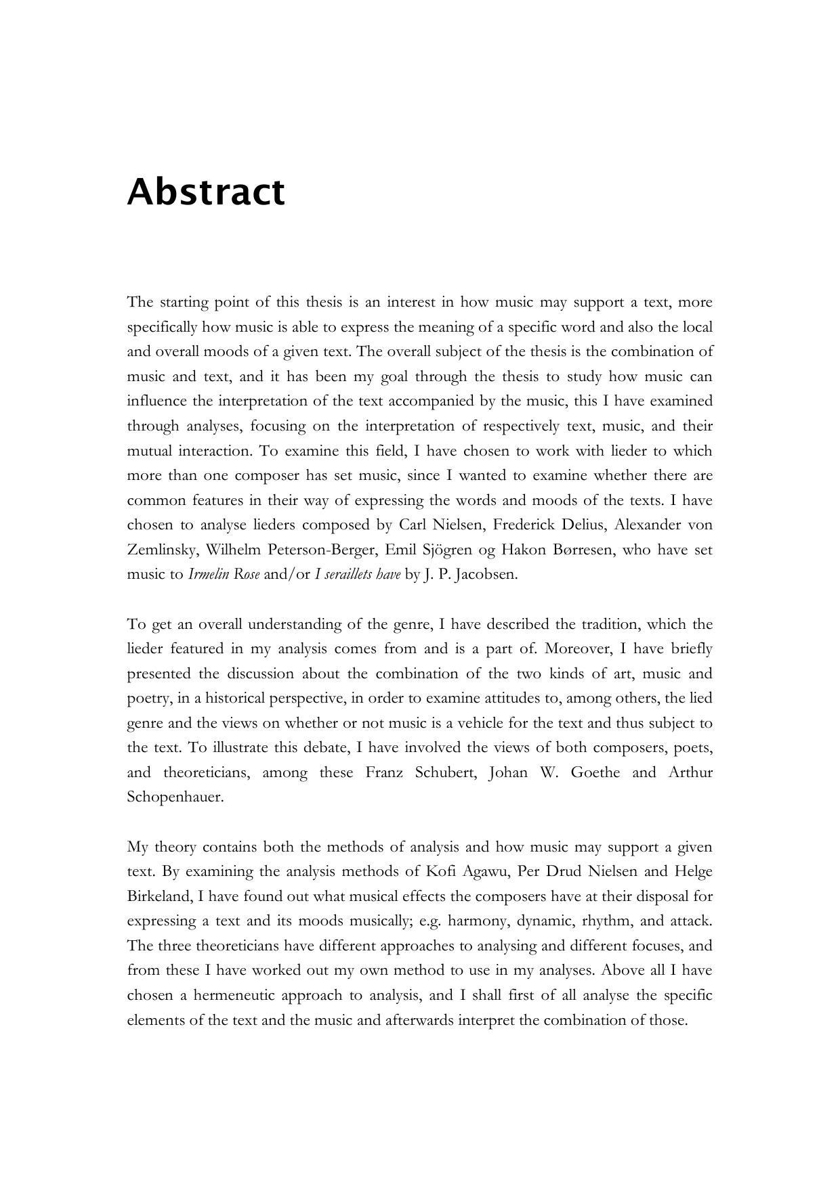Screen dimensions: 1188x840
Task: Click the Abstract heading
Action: click(206, 192)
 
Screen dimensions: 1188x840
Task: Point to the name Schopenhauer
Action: click(175, 797)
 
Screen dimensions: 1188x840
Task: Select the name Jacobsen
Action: click(487, 575)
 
